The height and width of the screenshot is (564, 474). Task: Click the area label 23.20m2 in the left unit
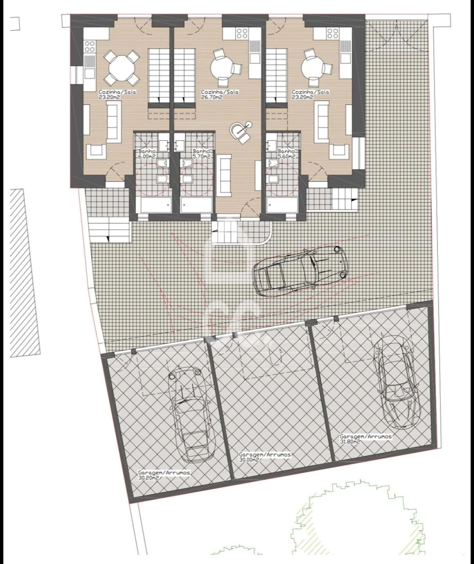(x=109, y=97)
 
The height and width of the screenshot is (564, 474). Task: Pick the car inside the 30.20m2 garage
(x=187, y=414)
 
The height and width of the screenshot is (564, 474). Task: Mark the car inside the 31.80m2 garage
(x=397, y=383)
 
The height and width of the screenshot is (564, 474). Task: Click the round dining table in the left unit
(x=121, y=67)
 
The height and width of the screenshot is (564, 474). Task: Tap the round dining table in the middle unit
(x=222, y=67)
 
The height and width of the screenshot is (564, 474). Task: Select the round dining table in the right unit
(x=314, y=67)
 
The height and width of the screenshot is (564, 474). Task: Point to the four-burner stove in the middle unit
(x=242, y=33)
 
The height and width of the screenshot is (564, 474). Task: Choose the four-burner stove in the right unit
(x=332, y=34)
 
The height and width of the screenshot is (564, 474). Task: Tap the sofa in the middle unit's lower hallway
(x=225, y=176)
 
